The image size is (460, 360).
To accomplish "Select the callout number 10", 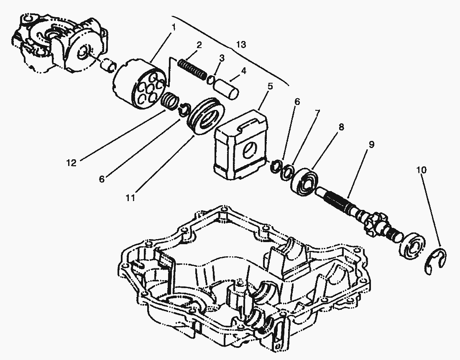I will pyautogui.click(x=422, y=170).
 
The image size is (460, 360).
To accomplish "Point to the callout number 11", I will pyautogui.click(x=131, y=198).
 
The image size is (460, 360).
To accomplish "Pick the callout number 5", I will pyautogui.click(x=270, y=87).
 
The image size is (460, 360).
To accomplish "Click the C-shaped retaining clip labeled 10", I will pyautogui.click(x=437, y=262).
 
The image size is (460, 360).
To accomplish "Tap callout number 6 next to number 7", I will pyautogui.click(x=297, y=102).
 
